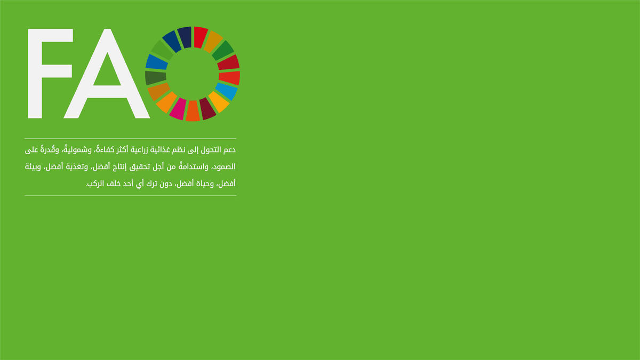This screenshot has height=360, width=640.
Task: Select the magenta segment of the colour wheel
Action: tap(178, 109)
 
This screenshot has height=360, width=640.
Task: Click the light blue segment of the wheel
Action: tap(226, 91)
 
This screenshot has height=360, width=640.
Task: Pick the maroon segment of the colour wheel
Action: tap(207, 109)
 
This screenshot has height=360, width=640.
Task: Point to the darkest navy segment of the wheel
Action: tap(185, 37)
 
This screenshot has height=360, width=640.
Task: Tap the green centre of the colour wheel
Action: tap(193, 74)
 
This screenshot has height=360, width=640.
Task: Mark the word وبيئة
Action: tap(33, 167)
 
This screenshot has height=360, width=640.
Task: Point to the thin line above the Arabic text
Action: tap(130, 139)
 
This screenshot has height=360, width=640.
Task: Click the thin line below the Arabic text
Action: tap(130, 196)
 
